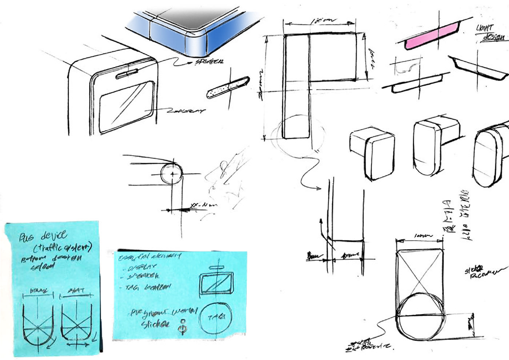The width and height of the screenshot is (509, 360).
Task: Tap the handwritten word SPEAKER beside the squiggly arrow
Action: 209,62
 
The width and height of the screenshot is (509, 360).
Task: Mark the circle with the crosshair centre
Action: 172,174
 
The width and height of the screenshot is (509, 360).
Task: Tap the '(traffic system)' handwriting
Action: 63,248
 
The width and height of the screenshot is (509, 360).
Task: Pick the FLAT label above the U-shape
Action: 76,291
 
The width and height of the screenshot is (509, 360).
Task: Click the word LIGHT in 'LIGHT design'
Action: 484,28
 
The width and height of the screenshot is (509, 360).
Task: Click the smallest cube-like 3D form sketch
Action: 372,153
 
